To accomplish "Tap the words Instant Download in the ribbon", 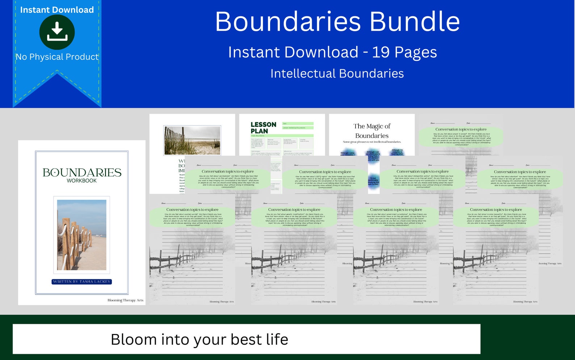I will coord(57,10).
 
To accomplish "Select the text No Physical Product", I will coord(57,57).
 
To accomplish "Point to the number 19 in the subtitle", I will coord(381,52).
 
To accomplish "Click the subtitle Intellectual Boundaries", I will coord(337,73).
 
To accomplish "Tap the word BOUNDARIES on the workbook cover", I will coord(82,173).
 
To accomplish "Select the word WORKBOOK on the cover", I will coord(82,181).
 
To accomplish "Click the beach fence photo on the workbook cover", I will coord(82,235).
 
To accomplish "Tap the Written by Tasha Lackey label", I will coord(82,281).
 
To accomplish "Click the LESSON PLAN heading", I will coord(263,128).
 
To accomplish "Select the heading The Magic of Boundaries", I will coord(372,131).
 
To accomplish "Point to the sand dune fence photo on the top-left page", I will coord(192,140).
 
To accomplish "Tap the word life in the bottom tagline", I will coord(277,339).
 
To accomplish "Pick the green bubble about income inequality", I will coord(496,217).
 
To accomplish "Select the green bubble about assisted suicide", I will coord(192,217).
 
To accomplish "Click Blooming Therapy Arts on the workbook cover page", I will coord(125,300).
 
